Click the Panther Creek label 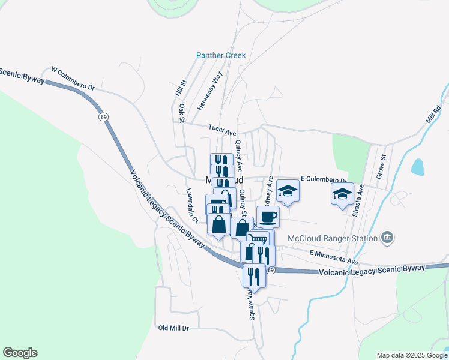click(221, 56)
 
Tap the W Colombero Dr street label click(73, 78)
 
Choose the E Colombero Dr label click(324, 179)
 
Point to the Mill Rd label click(433, 113)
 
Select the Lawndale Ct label click(191, 206)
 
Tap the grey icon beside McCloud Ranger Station click(387, 238)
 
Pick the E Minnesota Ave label click(334, 258)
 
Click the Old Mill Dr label click(173, 328)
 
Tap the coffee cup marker click(268, 216)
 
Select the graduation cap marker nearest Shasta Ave click(342, 193)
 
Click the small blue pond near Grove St click(417, 167)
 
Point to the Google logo click(20, 353)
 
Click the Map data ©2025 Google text click(411, 355)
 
